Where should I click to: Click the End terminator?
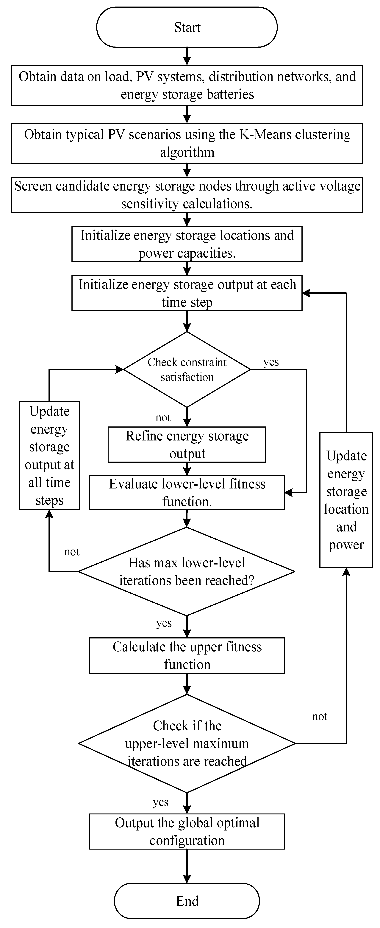tap(187, 901)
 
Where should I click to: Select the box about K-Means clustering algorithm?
tap(187, 143)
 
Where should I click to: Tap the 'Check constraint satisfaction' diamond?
tap(187, 369)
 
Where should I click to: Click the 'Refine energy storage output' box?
tap(187, 445)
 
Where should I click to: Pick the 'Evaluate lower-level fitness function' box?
tap(187, 492)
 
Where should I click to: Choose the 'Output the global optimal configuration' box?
tap(187, 831)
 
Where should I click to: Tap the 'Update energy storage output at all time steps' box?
tap(49, 455)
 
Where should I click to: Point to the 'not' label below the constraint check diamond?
tap(163, 417)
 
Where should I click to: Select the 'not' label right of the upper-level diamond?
tap(320, 716)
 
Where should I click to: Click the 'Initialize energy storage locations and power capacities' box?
tap(187, 244)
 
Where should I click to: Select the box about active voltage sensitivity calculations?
tap(187, 194)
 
